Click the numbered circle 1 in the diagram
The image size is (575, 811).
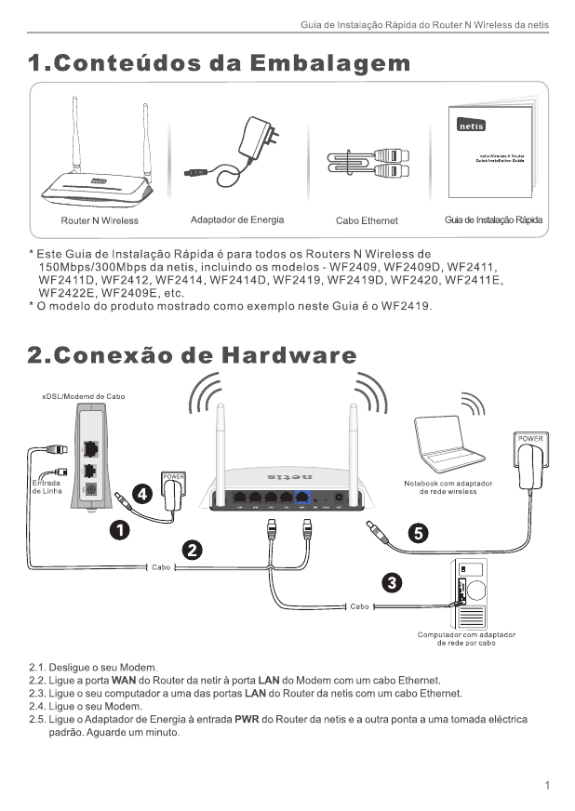pyautogui.click(x=119, y=529)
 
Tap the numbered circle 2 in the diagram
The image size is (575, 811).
pyautogui.click(x=193, y=549)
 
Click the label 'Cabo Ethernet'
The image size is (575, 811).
pyautogui.click(x=367, y=220)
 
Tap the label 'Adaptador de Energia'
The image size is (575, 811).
pyautogui.click(x=236, y=219)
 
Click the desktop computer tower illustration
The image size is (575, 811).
pyautogui.click(x=472, y=596)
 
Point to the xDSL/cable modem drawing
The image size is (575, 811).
pyautogui.click(x=89, y=456)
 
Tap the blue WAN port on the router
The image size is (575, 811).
pyautogui.click(x=301, y=498)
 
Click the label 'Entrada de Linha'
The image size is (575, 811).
pyautogui.click(x=47, y=486)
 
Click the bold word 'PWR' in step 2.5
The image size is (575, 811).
pyautogui.click(x=247, y=719)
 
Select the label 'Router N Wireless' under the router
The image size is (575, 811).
pyautogui.click(x=100, y=220)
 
